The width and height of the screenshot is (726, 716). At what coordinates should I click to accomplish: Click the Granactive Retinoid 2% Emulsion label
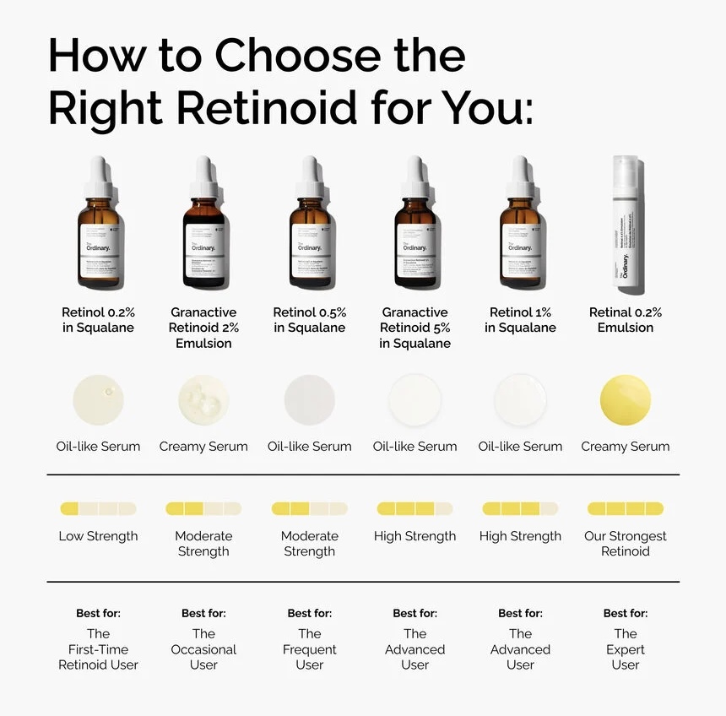203,328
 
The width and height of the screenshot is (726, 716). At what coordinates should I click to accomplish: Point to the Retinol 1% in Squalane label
520,320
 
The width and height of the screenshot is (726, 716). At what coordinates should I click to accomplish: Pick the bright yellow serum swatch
626,400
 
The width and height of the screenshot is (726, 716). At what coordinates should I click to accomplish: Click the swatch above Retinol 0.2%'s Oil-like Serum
99,399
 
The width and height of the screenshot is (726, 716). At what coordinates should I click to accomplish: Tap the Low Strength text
98,536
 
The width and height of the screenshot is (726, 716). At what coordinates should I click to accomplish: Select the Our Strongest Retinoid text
626,544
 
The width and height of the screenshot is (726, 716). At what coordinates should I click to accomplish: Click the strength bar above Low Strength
98,509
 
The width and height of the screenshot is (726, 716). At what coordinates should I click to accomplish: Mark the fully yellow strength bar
626,509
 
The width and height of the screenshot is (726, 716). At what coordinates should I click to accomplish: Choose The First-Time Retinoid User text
98,649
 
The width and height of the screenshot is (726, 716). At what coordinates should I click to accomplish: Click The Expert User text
626,649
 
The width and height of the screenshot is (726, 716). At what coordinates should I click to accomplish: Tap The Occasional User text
203,649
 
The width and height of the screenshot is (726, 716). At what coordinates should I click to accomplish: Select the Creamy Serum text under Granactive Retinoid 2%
203,447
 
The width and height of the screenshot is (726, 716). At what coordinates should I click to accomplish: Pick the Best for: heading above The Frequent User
310,613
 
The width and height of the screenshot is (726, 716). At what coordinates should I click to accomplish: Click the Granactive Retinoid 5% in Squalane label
414,328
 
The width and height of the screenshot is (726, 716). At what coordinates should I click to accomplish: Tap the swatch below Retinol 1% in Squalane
520,400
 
